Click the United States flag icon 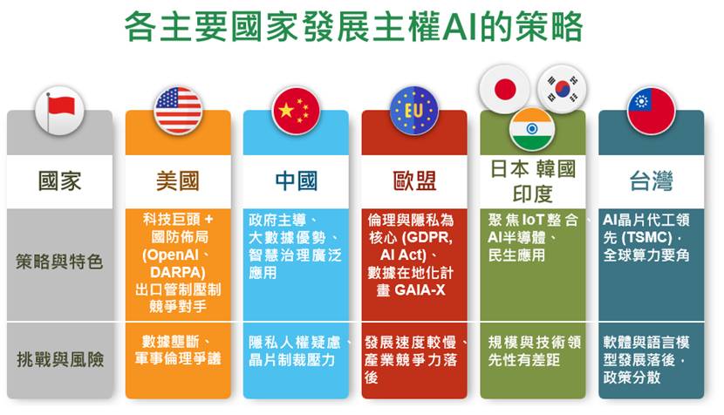178,111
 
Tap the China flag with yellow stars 296,111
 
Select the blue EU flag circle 414,111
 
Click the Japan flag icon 504,89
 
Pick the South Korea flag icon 562,89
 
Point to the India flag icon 532,129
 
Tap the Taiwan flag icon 651,111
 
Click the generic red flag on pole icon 59,111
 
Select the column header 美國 178,180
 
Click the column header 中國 296,180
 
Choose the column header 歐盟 414,180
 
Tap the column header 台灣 651,180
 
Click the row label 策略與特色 59,262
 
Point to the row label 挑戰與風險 60,359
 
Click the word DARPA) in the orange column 178,272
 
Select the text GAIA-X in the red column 420,290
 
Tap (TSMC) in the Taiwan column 646,238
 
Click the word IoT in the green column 532,220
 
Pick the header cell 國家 59,180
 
